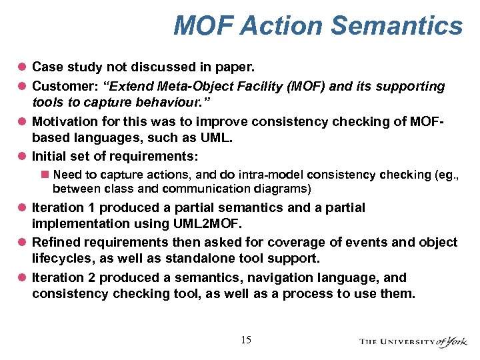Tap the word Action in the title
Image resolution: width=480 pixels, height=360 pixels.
tap(280, 25)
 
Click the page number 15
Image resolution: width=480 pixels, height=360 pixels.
tap(246, 340)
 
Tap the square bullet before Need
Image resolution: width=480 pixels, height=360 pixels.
tap(45, 175)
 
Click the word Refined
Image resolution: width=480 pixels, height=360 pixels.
tap(55, 243)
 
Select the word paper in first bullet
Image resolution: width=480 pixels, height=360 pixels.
tap(237, 67)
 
